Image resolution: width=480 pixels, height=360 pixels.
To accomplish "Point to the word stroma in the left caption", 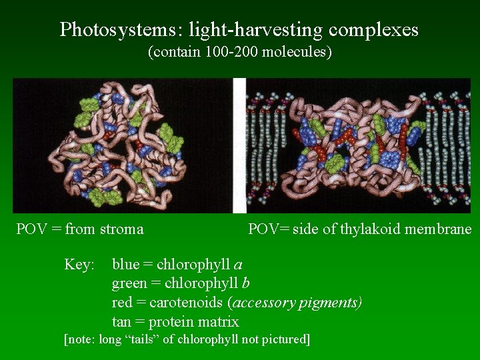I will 121,229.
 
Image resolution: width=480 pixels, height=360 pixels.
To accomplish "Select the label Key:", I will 79,265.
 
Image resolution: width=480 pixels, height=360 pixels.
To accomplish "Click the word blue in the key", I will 125,265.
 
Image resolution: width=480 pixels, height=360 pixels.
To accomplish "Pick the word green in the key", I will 129,284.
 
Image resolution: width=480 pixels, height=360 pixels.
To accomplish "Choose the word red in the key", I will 121,303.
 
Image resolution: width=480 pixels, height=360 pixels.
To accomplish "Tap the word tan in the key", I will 121,322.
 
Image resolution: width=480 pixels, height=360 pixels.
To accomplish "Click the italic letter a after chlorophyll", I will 238,265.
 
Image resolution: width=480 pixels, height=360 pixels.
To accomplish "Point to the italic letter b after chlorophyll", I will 245,283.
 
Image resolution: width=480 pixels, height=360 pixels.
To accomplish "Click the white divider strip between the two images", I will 239,145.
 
